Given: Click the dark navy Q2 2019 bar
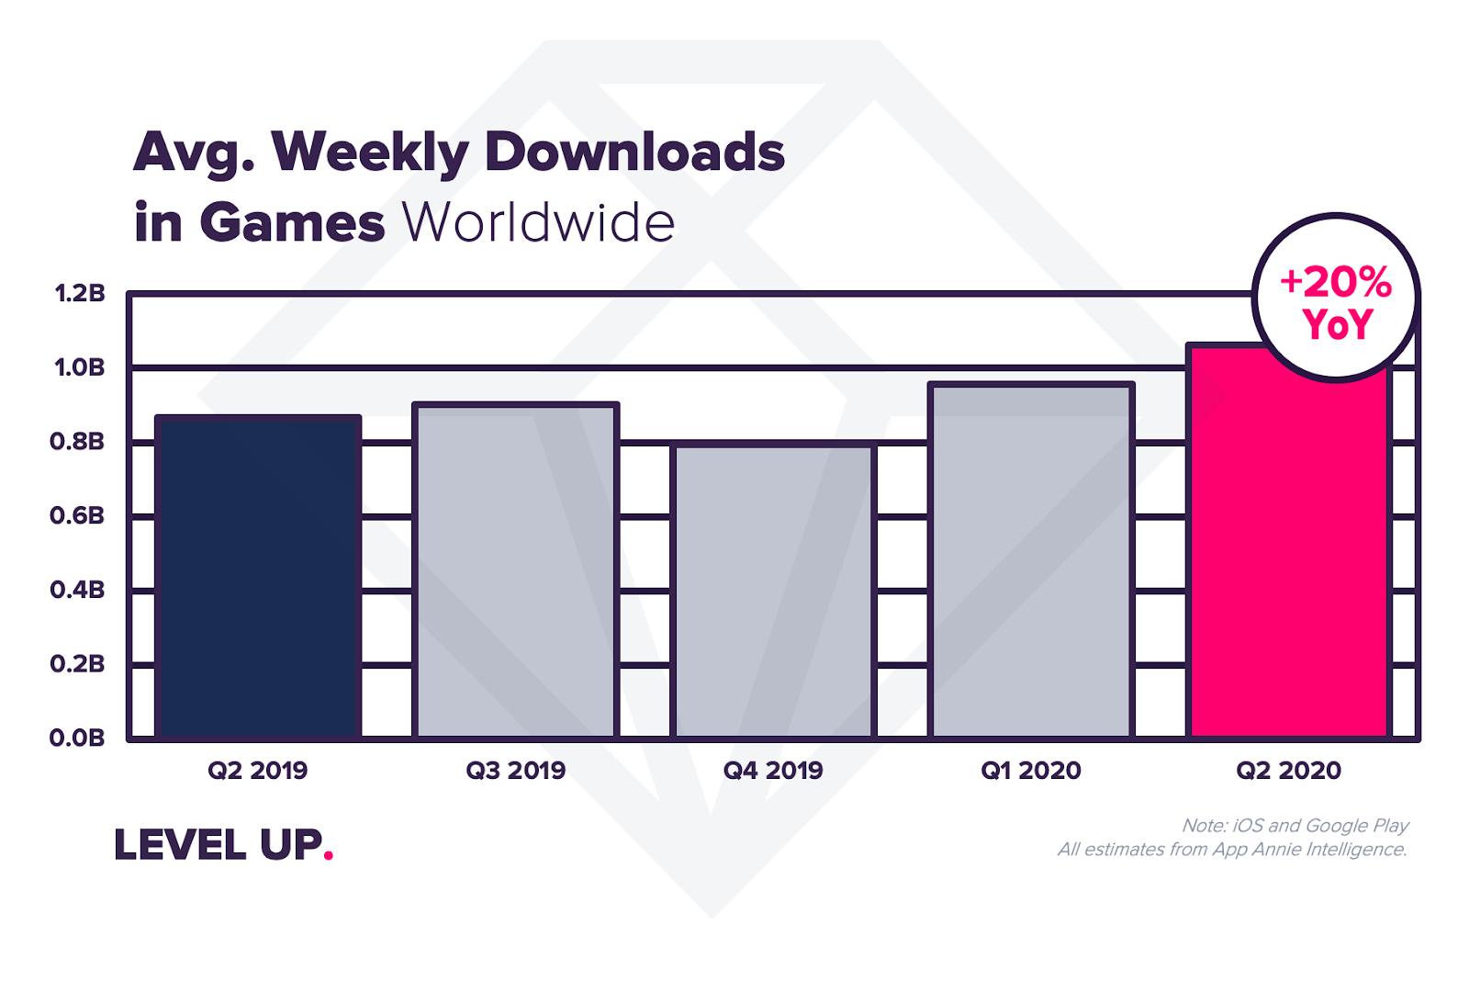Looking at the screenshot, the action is tap(258, 577).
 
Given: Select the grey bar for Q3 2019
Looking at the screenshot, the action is tap(515, 570).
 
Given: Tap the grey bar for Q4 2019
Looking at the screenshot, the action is tap(773, 592).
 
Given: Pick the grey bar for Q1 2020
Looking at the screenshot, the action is tap(1031, 561).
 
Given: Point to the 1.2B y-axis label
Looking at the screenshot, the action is tap(79, 293).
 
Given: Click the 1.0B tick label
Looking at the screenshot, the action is tap(79, 367).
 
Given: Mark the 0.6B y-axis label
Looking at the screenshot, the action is tap(77, 516).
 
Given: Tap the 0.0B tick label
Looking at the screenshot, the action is tap(77, 738).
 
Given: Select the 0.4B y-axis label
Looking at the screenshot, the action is tap(77, 590).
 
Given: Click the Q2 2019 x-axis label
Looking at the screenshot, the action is tap(258, 771).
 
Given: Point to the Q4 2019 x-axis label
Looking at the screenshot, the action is tap(773, 771).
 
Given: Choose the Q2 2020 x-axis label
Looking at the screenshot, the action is tap(1289, 771).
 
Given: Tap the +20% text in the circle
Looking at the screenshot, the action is tap(1336, 282).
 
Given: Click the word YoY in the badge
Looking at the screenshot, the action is tap(1337, 324).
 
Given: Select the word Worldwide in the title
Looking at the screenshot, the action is tap(538, 222).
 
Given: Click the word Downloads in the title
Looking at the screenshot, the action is tap(634, 152).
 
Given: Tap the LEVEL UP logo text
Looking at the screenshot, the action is tap(219, 844).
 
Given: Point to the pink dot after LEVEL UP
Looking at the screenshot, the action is tap(329, 854).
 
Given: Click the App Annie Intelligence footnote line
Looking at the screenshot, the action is tap(1233, 850).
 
